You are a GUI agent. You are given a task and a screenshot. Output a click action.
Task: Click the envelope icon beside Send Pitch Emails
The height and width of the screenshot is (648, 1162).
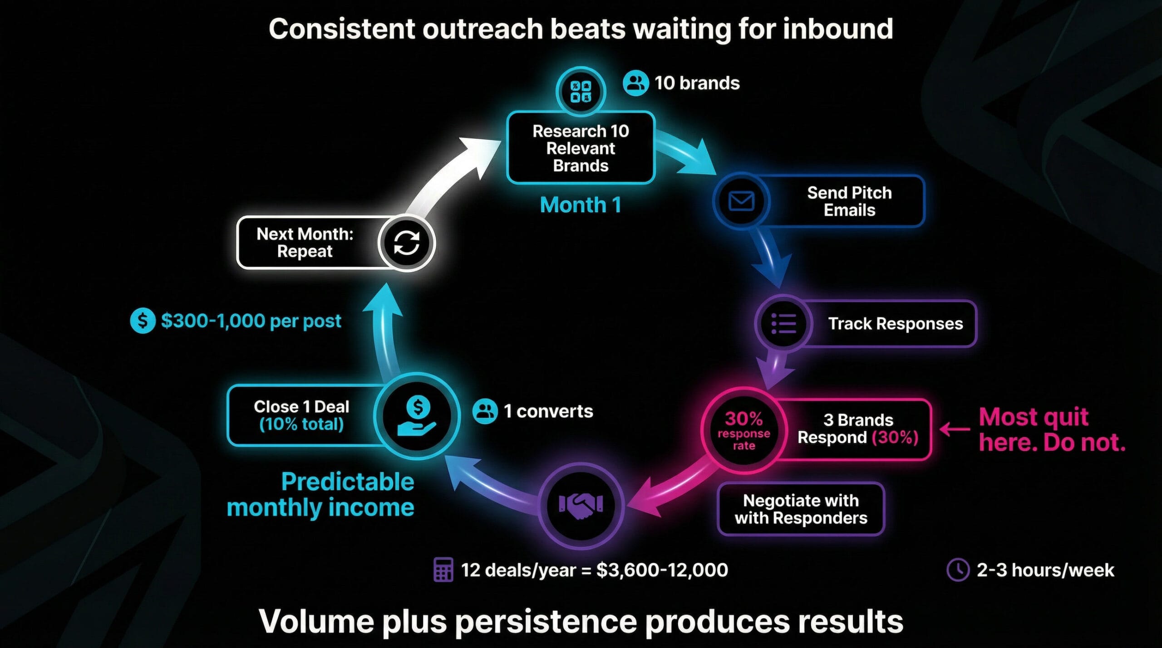pyautogui.click(x=741, y=201)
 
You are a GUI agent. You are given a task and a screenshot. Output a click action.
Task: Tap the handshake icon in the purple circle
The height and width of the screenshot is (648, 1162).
pyautogui.click(x=581, y=505)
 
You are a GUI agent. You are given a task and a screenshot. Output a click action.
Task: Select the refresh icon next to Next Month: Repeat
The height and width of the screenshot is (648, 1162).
pyautogui.click(x=406, y=243)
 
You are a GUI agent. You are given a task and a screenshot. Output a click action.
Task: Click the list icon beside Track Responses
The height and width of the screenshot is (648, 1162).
pyautogui.click(x=783, y=324)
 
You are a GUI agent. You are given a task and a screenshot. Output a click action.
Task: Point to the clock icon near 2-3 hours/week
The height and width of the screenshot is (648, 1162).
pyautogui.click(x=958, y=570)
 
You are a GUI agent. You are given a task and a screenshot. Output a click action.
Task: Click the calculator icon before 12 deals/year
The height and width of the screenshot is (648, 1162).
pyautogui.click(x=443, y=570)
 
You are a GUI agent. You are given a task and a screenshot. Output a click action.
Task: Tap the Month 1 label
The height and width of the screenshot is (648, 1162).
pyautogui.click(x=581, y=205)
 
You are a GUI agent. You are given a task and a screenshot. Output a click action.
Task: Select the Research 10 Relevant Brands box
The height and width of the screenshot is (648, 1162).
pyautogui.click(x=581, y=148)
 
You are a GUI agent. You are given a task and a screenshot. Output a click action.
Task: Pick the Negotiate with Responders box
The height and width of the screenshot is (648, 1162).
pyautogui.click(x=801, y=509)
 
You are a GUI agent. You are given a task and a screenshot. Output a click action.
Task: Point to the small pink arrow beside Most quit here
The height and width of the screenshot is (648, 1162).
pyautogui.click(x=955, y=429)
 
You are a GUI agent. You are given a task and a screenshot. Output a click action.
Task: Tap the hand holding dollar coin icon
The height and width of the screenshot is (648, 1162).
pyautogui.click(x=417, y=416)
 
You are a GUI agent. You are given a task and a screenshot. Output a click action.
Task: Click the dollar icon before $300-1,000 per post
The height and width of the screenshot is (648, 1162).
pyautogui.click(x=143, y=321)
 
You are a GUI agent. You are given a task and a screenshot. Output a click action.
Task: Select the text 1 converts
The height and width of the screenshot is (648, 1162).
pyautogui.click(x=548, y=411)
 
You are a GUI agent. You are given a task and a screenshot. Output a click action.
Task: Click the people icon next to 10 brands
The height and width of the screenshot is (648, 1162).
pyautogui.click(x=635, y=83)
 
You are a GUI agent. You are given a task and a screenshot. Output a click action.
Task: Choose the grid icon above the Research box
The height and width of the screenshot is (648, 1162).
pyautogui.click(x=581, y=92)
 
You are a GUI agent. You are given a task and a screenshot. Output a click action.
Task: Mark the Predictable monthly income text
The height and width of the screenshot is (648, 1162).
pyautogui.click(x=320, y=494)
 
